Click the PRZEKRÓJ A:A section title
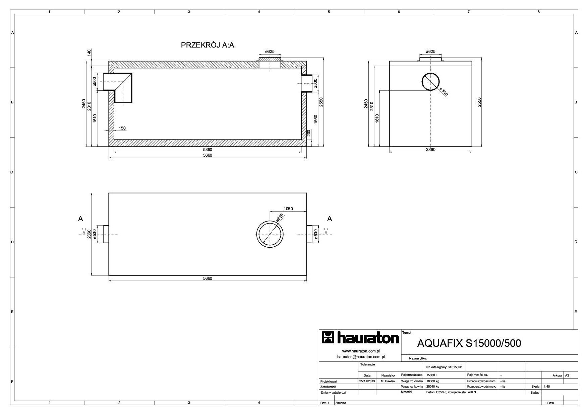coord(208,45)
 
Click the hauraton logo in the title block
coord(360,338)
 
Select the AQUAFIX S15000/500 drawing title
coord(469,343)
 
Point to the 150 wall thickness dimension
coord(122,128)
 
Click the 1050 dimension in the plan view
coord(288,209)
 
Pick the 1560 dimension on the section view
coord(315,119)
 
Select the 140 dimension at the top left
coord(89,53)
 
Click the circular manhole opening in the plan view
coord(270,221)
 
